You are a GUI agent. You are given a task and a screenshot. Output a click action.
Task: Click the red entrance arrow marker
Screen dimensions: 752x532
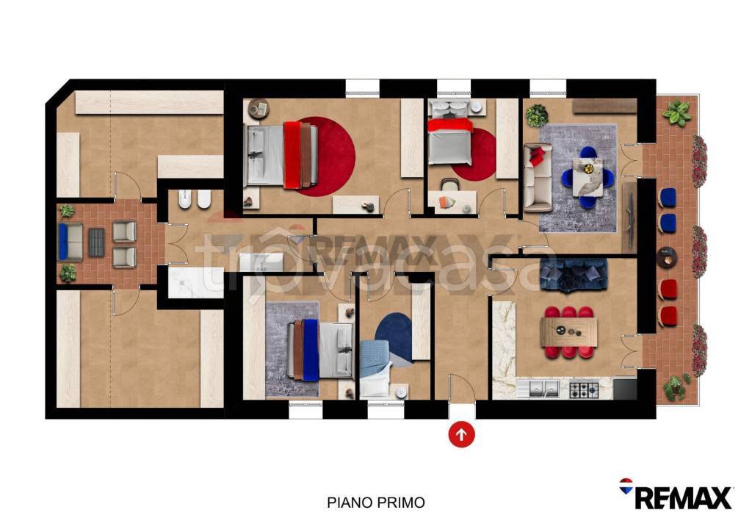tap(461, 434)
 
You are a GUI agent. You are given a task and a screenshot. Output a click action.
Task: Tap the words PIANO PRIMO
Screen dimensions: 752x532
tap(376, 503)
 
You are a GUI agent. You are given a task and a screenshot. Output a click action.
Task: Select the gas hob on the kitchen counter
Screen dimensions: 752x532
tap(584, 389)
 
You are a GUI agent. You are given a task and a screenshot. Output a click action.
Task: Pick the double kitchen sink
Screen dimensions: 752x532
tap(544, 389)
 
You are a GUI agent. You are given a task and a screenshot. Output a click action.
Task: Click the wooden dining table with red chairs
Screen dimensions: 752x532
tap(569, 332)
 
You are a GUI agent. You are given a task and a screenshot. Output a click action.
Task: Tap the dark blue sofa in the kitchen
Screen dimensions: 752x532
tap(573, 275)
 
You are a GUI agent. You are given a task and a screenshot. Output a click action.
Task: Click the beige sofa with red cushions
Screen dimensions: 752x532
tap(538, 178)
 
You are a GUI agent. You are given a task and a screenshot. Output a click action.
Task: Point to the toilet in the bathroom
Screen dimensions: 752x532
tap(204, 199)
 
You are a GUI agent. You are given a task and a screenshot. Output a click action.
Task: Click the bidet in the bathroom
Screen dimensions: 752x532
tap(185, 199)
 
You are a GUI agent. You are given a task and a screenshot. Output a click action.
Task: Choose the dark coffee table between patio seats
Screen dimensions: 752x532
tap(96, 242)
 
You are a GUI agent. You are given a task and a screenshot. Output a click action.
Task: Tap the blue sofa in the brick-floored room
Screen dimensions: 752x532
tap(70, 242)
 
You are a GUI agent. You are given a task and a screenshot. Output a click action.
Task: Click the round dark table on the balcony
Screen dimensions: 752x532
tap(667, 257)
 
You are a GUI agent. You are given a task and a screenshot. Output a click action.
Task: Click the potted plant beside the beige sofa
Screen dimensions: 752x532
tap(537, 116)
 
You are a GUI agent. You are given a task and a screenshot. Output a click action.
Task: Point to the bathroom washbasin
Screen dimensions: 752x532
tap(261, 262)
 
